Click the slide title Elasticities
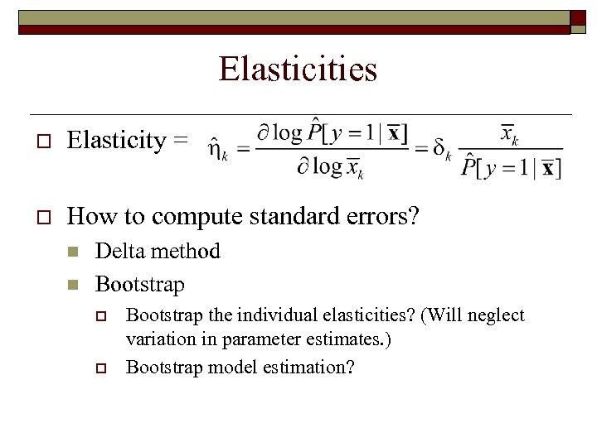tap(298, 69)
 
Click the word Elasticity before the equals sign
tap(116, 141)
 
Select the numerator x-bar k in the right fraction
tap(508, 135)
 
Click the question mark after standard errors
tap(414, 216)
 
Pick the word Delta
tap(123, 251)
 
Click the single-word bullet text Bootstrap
tap(139, 284)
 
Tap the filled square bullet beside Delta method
tap(73, 252)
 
